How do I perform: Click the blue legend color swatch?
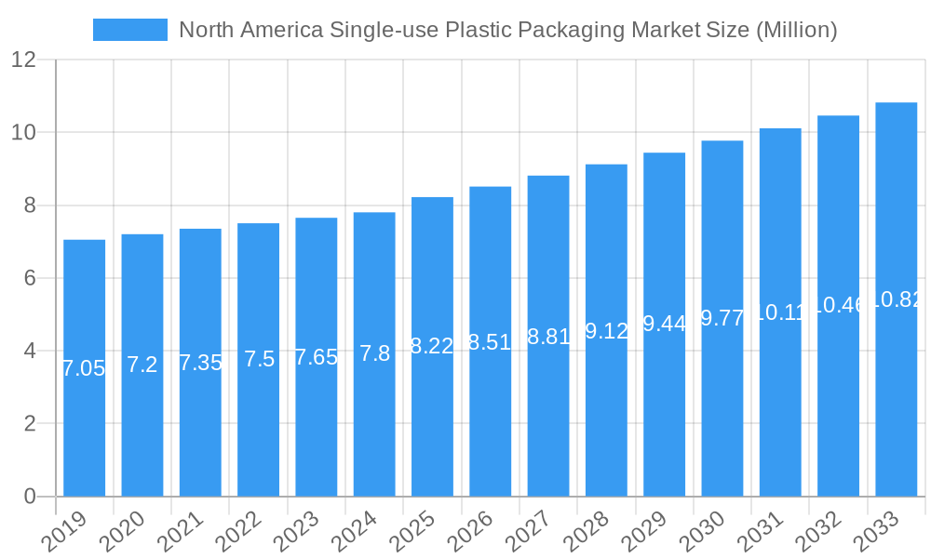[130, 30]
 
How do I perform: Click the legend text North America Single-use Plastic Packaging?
[507, 30]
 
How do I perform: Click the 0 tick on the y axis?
[30, 497]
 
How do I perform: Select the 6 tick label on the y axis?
[30, 278]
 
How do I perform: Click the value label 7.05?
[84, 368]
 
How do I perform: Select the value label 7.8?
[374, 353]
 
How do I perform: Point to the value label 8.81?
[548, 337]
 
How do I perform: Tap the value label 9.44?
[665, 324]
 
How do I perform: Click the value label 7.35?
[200, 363]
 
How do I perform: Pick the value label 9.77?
[722, 318]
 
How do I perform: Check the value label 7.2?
[142, 365]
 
